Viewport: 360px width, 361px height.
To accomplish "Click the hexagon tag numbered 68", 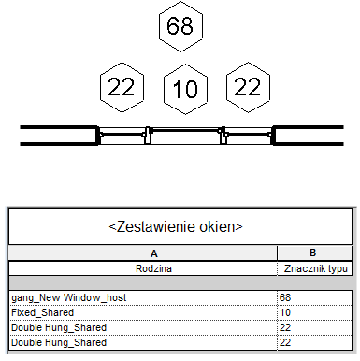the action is coord(180,26).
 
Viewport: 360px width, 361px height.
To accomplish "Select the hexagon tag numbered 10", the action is coord(185,89).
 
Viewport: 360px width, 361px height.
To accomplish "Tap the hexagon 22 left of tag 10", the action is coord(122,87).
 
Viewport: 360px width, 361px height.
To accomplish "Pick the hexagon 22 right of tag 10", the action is coord(248,87).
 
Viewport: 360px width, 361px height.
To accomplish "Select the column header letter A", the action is coord(154,253).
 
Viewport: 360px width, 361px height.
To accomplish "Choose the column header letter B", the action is coord(313,253).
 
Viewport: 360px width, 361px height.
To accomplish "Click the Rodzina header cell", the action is coord(153,268).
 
